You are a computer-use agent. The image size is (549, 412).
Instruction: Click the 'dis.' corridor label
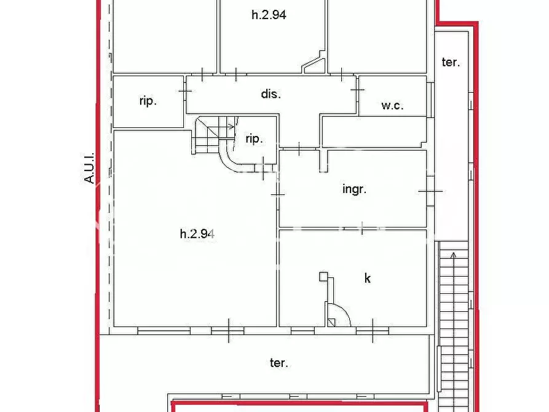point(271,94)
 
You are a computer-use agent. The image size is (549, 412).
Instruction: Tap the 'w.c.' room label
point(392,105)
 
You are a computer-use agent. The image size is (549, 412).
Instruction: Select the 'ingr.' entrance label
point(354,189)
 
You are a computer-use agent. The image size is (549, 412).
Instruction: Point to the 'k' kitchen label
point(368,278)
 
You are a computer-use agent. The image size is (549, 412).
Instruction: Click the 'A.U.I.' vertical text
point(90,168)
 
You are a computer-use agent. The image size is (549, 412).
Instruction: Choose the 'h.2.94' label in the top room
point(269,15)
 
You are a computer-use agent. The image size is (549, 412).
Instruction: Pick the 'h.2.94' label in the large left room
point(197,233)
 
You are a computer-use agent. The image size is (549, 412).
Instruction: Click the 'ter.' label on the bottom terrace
point(278,363)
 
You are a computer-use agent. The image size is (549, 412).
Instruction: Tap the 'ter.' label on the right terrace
point(451,62)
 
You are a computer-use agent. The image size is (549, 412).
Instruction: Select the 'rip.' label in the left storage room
point(148,101)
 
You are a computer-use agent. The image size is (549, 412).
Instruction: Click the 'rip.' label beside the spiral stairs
point(254,138)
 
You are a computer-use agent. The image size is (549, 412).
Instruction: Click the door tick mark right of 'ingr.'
point(430,191)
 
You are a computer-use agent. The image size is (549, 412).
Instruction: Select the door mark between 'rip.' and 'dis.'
point(185,91)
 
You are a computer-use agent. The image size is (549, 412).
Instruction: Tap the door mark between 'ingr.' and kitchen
point(363,229)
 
